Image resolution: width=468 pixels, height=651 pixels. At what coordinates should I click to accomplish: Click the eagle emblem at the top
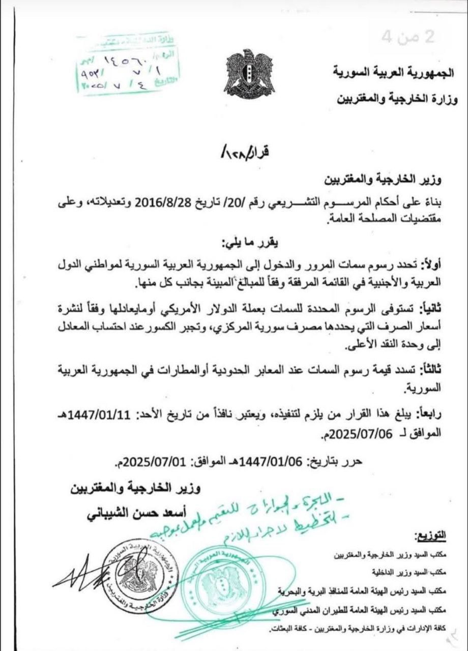(x=249, y=72)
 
